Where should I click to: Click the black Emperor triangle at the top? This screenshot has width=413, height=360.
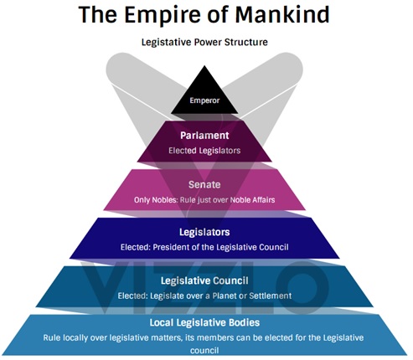click(204, 95)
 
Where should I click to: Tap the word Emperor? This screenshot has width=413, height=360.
click(204, 100)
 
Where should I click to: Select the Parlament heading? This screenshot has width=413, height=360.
click(204, 136)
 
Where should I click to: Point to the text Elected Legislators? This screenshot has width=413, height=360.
click(204, 151)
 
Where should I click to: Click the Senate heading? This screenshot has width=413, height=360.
click(204, 184)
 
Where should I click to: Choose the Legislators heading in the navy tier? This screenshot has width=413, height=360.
click(204, 232)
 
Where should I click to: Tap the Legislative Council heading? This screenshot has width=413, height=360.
click(204, 280)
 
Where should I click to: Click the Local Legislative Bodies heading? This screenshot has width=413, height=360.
click(204, 322)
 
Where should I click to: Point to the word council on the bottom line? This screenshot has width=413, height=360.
click(204, 351)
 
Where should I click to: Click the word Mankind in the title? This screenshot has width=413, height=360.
click(282, 14)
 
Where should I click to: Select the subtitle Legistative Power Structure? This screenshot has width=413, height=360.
click(204, 43)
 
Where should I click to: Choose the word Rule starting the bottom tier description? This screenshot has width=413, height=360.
click(52, 337)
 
